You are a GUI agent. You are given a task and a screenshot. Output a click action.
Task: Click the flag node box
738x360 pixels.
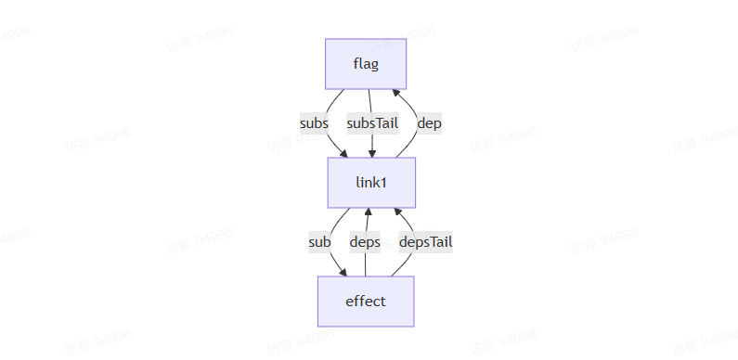pyautogui.click(x=365, y=63)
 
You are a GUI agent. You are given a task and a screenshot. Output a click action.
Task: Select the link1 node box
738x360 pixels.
pyautogui.click(x=370, y=182)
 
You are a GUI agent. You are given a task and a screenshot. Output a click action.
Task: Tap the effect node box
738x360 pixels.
pyautogui.click(x=365, y=301)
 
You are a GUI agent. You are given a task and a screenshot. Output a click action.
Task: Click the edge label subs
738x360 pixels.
pyautogui.click(x=314, y=122)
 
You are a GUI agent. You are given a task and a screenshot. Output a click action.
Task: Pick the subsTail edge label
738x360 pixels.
pyautogui.click(x=372, y=122)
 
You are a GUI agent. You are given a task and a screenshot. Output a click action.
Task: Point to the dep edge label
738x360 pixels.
pyautogui.click(x=428, y=122)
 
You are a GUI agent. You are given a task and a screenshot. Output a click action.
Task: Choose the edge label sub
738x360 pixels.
pyautogui.click(x=319, y=242)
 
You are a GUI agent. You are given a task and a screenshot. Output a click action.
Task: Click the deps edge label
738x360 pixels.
pyautogui.click(x=365, y=242)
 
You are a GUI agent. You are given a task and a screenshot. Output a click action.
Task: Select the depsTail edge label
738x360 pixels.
pyautogui.click(x=425, y=242)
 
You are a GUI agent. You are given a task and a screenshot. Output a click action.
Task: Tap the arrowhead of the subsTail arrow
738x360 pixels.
pyautogui.click(x=372, y=153)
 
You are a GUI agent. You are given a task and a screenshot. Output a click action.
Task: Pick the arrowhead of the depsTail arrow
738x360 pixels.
pyautogui.click(x=398, y=212)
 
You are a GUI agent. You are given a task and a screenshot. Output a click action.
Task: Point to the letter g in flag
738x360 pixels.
pyautogui.click(x=374, y=64)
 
